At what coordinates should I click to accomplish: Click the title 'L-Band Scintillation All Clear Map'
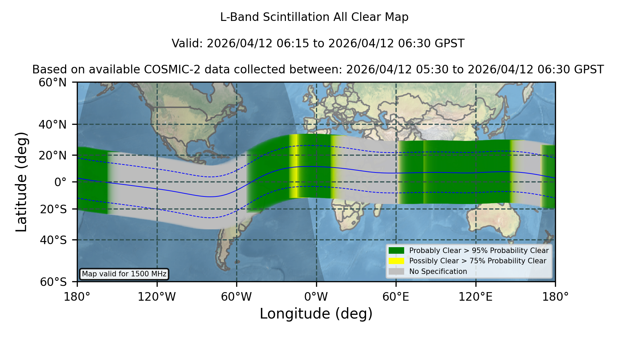(314, 17)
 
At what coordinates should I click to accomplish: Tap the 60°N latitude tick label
(52, 82)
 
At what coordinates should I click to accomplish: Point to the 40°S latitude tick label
(53, 240)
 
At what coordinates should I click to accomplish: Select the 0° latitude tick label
(60, 182)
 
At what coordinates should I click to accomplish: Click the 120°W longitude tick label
(157, 297)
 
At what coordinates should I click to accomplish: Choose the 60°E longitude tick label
(396, 297)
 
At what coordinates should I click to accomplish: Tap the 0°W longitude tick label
(316, 297)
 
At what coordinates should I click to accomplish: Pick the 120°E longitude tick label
(475, 297)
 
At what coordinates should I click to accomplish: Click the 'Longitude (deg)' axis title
(316, 314)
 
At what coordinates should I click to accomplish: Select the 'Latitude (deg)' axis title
(21, 182)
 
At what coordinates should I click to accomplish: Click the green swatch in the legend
(397, 251)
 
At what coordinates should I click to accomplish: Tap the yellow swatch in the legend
(397, 261)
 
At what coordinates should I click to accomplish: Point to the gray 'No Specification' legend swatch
(397, 272)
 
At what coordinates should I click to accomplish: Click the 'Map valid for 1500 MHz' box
(124, 274)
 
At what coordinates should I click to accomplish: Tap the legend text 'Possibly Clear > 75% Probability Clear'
(478, 261)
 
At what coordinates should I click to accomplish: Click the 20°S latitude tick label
(53, 209)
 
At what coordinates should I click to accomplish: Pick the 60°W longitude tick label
(237, 297)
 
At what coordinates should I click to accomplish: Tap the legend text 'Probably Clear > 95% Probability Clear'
(479, 251)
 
